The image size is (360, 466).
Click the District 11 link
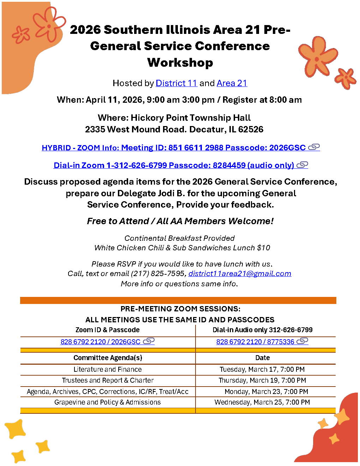point(176,83)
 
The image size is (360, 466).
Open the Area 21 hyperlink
point(232,83)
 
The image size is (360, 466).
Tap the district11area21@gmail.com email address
point(240,274)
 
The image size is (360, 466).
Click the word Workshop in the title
point(180,62)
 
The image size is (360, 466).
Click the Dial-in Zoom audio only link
point(174,166)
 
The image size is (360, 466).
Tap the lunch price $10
point(264,248)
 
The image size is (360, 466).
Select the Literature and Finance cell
point(108,370)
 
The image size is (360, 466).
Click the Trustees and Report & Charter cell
point(108,381)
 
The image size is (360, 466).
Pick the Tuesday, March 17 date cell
point(262,370)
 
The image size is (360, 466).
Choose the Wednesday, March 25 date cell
point(262,402)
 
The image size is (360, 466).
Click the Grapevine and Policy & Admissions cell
point(108,402)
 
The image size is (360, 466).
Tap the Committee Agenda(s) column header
point(108,358)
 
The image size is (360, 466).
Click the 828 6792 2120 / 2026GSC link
point(101,342)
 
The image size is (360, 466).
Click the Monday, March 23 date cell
point(266,392)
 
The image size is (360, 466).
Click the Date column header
point(262,358)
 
